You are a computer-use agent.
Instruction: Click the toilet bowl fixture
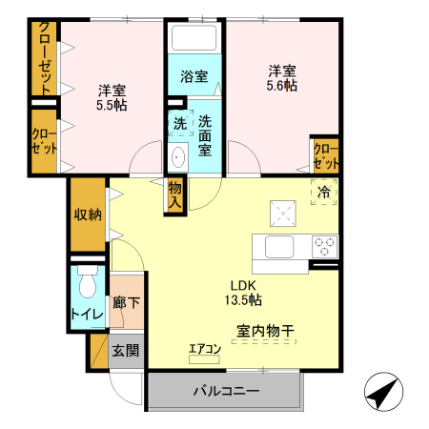[x=88, y=281]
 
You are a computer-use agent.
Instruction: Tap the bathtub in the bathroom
[x=194, y=37]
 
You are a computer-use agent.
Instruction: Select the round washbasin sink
[x=178, y=157]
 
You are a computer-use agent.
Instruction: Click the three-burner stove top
[x=325, y=247]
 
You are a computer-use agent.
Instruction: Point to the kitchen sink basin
[x=279, y=247]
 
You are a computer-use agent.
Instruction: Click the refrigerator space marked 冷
[x=324, y=192]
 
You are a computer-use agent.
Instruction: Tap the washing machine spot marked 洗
[x=180, y=123]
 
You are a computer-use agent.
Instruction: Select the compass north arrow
[x=383, y=392]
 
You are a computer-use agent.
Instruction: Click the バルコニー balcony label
[x=226, y=391]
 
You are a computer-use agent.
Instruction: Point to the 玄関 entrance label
[x=126, y=351]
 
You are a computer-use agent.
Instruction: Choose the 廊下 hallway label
[x=127, y=302]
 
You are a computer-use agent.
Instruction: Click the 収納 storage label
[x=88, y=215]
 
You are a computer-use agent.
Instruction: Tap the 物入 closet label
[x=175, y=194]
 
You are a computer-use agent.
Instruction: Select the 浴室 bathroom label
[x=194, y=76]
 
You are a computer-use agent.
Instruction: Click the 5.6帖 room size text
[x=282, y=86]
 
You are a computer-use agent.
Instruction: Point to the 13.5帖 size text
[x=243, y=299]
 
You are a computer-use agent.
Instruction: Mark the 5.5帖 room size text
[x=112, y=105]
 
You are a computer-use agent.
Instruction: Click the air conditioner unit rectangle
[x=204, y=359]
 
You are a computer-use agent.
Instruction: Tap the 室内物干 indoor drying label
[x=265, y=331]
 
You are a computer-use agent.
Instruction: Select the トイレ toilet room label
[x=88, y=315]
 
